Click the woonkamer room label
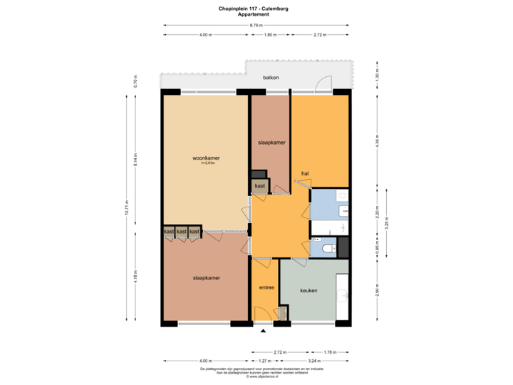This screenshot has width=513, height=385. pyautogui.click(x=205, y=158)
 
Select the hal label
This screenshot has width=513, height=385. pyautogui.click(x=305, y=173)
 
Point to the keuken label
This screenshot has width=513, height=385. pyautogui.click(x=309, y=290)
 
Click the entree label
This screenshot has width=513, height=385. pyautogui.click(x=266, y=288)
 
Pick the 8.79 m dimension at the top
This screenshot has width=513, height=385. pyautogui.click(x=255, y=26)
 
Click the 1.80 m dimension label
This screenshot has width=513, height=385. pyautogui.click(x=270, y=34)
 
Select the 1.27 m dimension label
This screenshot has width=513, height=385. pyautogui.click(x=265, y=360)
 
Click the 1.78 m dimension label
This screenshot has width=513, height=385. pyautogui.click(x=329, y=351)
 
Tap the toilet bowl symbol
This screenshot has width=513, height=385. pyautogui.click(x=328, y=248)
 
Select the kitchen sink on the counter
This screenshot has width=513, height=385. pyautogui.click(x=344, y=294)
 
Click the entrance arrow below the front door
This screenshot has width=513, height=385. pyautogui.click(x=264, y=331)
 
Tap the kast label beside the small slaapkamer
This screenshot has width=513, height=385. pyautogui.click(x=259, y=186)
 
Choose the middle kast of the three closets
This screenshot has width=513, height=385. pyautogui.click(x=181, y=232)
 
